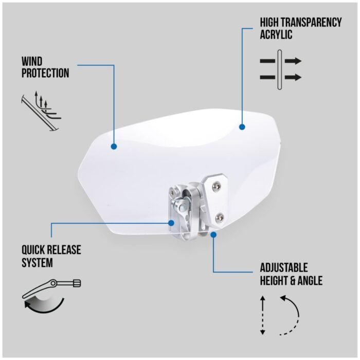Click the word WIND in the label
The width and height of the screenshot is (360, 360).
click(x=32, y=62)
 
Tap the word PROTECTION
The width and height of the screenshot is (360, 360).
click(x=45, y=73)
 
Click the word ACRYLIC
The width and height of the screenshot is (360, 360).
click(x=276, y=34)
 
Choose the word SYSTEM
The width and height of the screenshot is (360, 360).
click(x=37, y=262)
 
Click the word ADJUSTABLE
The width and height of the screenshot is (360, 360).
click(x=284, y=268)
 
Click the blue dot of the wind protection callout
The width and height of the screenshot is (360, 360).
click(x=114, y=147)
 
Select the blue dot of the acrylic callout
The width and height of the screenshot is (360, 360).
click(x=242, y=127)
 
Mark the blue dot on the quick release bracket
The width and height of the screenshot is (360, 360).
click(x=171, y=223)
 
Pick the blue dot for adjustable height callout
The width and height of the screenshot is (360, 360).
click(x=213, y=235)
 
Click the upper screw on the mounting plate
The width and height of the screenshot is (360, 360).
click(x=217, y=185)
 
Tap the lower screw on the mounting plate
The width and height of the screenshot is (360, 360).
click(x=220, y=217)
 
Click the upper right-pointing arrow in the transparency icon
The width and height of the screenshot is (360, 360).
click(x=293, y=61)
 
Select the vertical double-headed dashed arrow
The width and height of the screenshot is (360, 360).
click(x=263, y=315)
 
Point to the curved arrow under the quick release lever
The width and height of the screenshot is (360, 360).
click(x=44, y=306)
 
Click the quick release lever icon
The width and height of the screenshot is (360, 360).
click(x=51, y=288)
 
